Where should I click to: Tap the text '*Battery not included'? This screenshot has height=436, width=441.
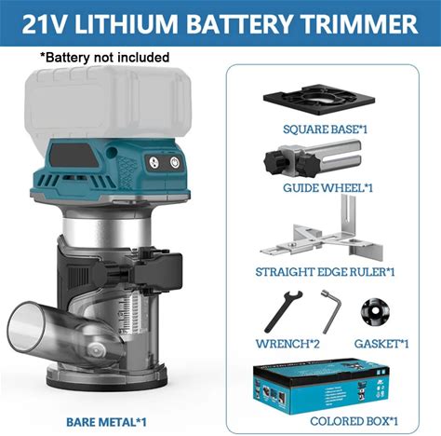(105, 58)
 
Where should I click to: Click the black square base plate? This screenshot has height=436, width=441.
(319, 100)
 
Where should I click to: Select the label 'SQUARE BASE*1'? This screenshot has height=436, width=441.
(325, 129)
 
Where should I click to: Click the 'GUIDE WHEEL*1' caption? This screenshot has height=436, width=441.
(327, 188)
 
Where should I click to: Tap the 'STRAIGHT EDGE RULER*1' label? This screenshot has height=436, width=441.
(325, 272)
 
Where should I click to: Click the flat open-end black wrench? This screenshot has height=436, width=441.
(283, 311)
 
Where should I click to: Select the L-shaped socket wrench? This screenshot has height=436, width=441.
(330, 311)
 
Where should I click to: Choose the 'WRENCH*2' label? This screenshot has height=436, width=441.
(287, 344)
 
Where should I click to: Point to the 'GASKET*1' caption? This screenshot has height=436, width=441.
(381, 344)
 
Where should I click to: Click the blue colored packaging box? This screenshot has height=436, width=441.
(320, 387)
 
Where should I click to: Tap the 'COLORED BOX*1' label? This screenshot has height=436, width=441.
(354, 421)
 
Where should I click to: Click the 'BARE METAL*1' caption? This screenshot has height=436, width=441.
(106, 422)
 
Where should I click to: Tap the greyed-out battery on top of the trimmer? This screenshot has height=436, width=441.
(108, 102)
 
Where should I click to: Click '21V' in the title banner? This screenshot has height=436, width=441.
(46, 23)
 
